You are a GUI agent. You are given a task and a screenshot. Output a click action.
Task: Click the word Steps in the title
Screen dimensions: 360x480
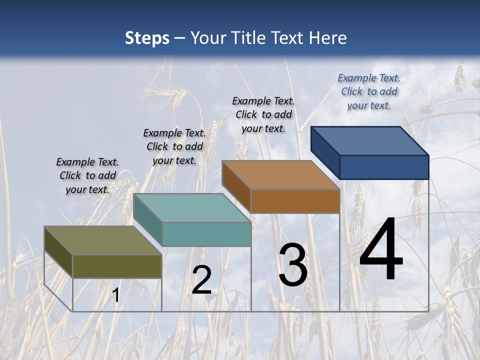click(147, 38)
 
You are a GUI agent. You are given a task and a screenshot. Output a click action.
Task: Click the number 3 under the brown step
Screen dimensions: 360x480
click(293, 265)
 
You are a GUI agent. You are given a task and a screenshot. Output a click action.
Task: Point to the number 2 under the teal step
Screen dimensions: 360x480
click(202, 280)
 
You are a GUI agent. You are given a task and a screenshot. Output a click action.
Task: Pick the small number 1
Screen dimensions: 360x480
click(116, 295)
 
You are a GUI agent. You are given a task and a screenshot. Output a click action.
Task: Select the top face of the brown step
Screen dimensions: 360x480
click(280, 175)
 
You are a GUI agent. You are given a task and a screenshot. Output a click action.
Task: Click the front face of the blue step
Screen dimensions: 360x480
click(384, 167)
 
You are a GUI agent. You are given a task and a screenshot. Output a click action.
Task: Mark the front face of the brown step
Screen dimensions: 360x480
click(295, 201)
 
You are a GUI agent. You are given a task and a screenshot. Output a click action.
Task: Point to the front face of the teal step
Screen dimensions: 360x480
click(206, 234)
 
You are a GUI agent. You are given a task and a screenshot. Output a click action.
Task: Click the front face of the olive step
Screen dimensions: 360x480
click(117, 266)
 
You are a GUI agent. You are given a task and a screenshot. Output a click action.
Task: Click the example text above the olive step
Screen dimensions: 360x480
click(87, 175)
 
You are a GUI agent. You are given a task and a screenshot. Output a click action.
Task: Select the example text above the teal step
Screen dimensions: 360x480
click(174, 146)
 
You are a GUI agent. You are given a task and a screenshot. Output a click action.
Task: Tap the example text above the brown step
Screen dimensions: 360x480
click(263, 114)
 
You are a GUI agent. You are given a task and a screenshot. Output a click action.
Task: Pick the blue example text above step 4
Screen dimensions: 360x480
click(369, 91)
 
